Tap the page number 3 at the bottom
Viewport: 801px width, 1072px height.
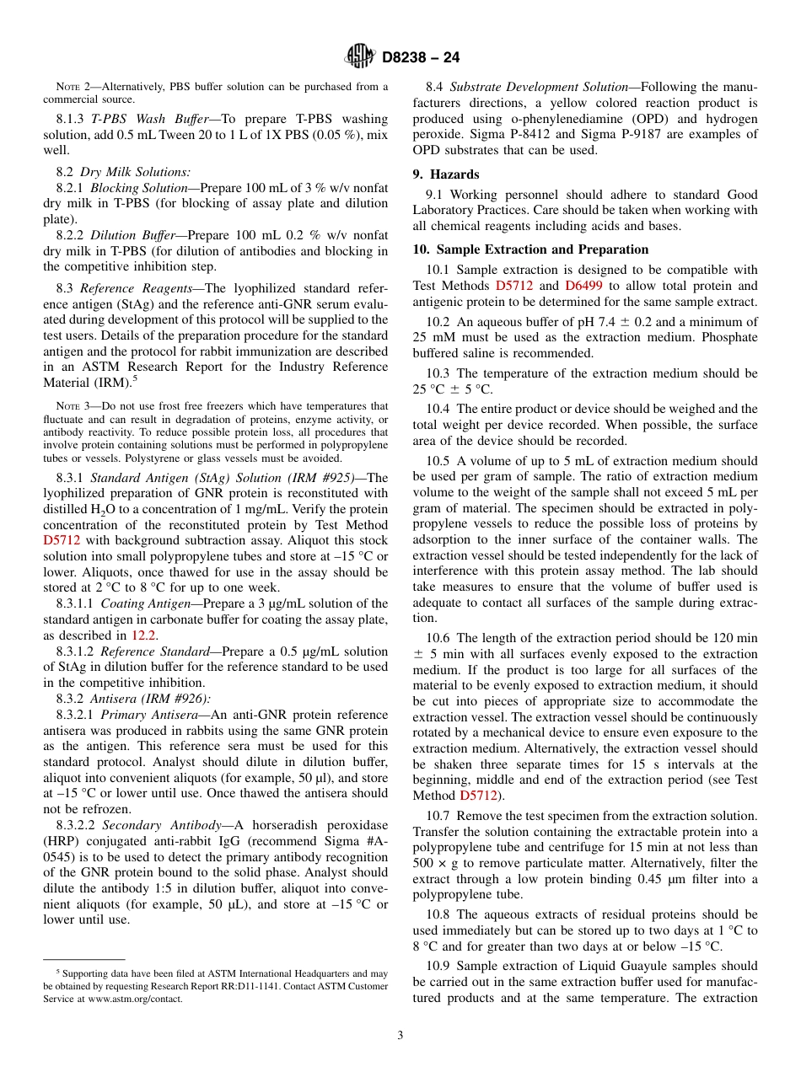click(400, 1035)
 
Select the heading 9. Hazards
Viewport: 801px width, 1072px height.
click(445, 174)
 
